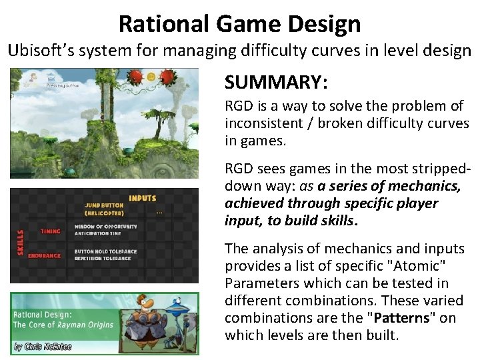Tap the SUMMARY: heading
275,82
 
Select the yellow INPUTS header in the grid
143,198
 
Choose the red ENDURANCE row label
45,255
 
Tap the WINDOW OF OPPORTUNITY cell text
110,226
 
